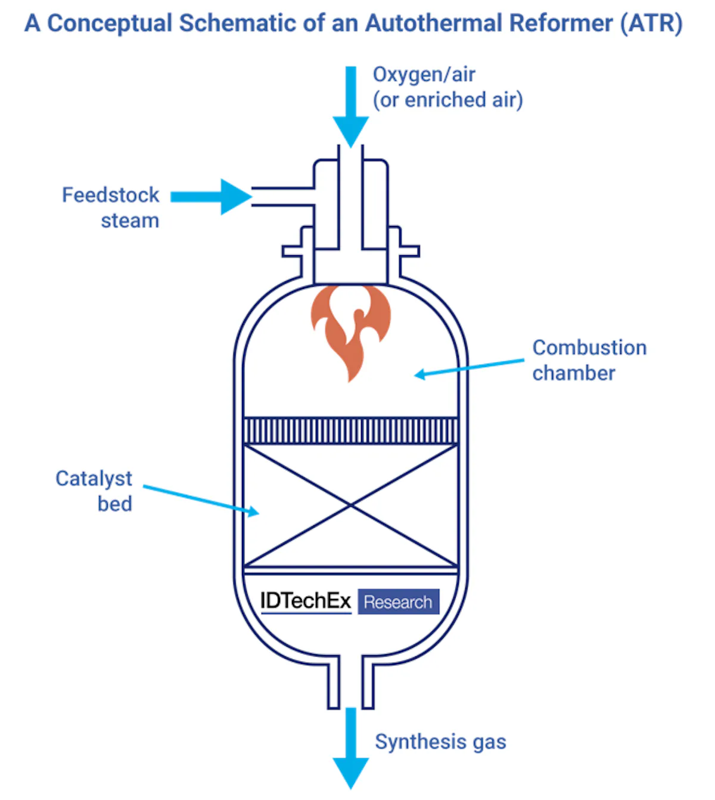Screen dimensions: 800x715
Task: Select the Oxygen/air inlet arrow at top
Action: coord(351,107)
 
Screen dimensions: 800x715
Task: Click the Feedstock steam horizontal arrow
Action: coord(212,197)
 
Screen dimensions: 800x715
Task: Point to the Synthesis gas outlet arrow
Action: coord(351,748)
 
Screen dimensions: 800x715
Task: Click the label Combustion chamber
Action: coord(589,360)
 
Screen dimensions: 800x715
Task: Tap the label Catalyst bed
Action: coord(94,491)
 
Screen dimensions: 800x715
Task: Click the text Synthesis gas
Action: coord(440,742)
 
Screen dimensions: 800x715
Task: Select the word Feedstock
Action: coord(111,195)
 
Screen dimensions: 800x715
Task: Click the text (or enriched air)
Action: coord(447,100)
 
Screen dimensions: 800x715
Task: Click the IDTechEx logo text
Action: coord(306,601)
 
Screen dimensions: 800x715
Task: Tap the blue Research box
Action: coord(398,602)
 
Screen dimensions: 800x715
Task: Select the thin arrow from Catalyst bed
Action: coord(200,500)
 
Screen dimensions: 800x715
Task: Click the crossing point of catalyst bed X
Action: coord(351,506)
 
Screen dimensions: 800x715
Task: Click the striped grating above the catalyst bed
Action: coord(351,430)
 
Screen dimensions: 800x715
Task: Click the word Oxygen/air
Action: coord(424,75)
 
